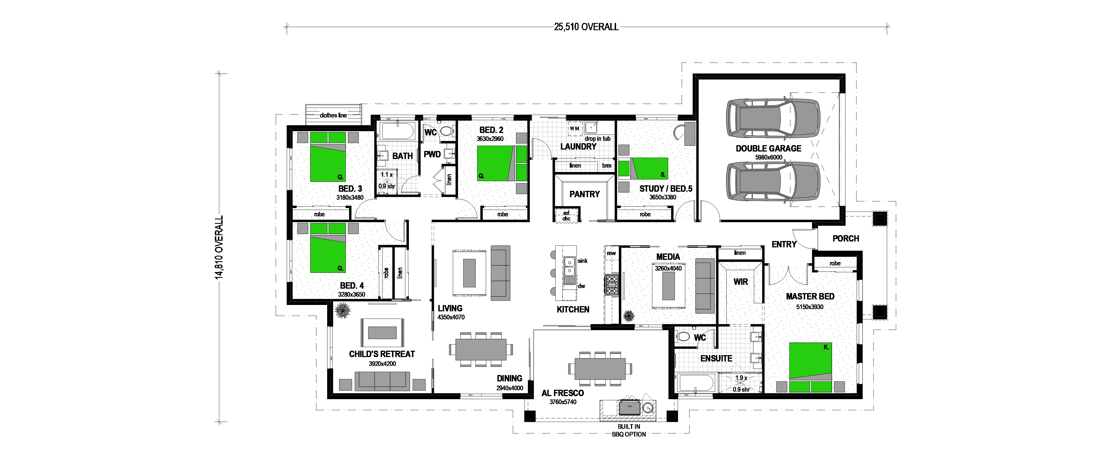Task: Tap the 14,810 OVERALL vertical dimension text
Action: click(x=220, y=247)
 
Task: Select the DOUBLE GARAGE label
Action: click(x=769, y=148)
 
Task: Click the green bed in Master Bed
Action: click(x=810, y=367)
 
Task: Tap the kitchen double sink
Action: click(x=569, y=266)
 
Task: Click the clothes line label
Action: click(x=333, y=115)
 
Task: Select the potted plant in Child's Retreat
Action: click(x=343, y=310)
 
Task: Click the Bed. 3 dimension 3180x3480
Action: click(x=350, y=198)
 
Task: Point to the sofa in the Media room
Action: click(x=705, y=286)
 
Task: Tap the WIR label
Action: click(x=741, y=282)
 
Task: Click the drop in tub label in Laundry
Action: click(x=597, y=139)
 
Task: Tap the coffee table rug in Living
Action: click(x=469, y=273)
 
